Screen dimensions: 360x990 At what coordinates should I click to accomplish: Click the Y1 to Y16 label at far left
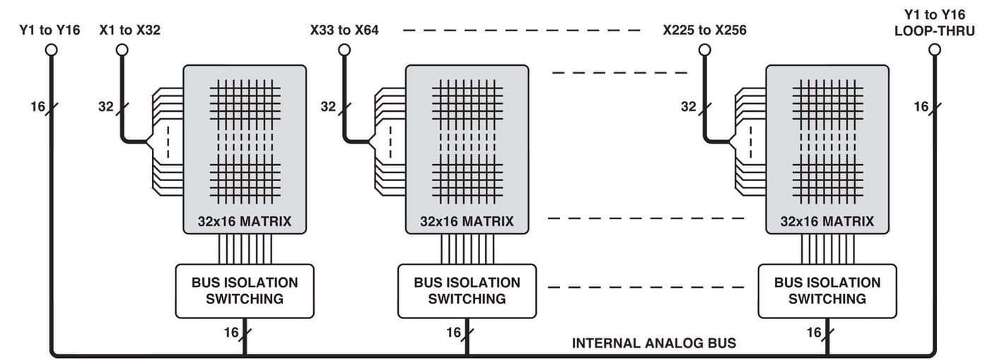[x=49, y=30]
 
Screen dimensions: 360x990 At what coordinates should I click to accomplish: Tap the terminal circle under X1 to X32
[x=122, y=50]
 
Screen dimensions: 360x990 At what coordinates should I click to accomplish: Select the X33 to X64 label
[x=344, y=30]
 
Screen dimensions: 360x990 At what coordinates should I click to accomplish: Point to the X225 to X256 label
[x=704, y=30]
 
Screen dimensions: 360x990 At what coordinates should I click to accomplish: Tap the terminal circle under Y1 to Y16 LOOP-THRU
[x=935, y=50]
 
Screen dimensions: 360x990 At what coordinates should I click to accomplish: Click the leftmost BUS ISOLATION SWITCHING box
[x=245, y=291]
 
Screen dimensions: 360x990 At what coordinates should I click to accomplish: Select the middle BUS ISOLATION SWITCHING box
[x=467, y=291]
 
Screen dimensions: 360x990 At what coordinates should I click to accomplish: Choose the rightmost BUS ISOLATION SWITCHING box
[x=827, y=291]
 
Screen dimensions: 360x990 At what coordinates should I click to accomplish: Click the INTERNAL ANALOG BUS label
[x=653, y=344]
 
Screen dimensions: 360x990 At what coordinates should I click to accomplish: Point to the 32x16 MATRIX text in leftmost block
[x=245, y=221]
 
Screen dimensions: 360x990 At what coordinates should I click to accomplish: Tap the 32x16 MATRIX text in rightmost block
[x=827, y=221]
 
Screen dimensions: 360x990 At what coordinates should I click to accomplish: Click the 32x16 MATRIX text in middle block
[x=467, y=221]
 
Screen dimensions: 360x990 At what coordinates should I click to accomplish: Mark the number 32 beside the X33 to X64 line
[x=328, y=107]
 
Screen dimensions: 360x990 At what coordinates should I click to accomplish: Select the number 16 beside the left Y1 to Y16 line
[x=37, y=107]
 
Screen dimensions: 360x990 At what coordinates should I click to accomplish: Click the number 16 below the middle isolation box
[x=453, y=332]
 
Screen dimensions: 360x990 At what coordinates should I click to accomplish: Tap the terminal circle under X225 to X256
[x=704, y=50]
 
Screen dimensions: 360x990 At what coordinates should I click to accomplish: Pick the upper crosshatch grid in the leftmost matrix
[x=245, y=102]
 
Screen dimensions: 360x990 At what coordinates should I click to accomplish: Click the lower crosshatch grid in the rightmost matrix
[x=827, y=178]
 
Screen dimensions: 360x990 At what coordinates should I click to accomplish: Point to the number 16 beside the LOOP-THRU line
[x=921, y=107]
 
